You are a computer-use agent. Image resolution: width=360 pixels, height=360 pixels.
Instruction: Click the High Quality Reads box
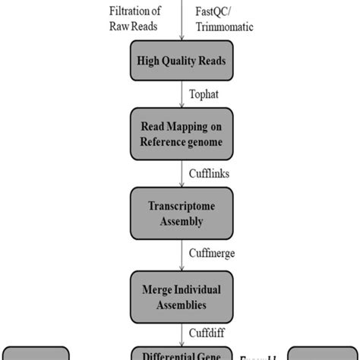[181, 62]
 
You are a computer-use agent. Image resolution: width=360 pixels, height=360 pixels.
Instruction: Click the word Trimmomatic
[224, 27]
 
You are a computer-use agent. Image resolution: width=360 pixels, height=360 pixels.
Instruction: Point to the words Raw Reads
[136, 27]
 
